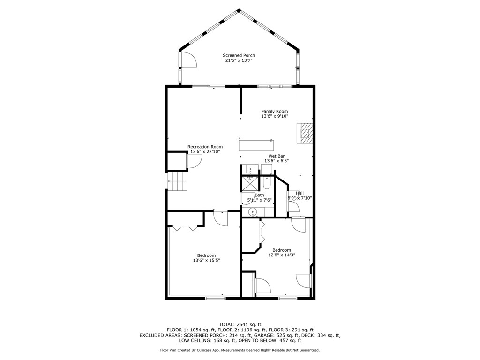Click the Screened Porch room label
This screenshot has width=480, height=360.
[x=239, y=55]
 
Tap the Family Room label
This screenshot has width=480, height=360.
[x=275, y=111]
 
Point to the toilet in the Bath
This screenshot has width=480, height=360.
[x=267, y=180]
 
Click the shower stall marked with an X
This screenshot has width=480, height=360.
[x=249, y=182]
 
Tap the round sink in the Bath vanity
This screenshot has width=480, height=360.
[x=253, y=212]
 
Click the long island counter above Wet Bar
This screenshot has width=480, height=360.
[x=256, y=145]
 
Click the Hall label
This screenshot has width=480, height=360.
[x=300, y=193]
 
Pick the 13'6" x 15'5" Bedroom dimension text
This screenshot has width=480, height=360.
[x=206, y=260]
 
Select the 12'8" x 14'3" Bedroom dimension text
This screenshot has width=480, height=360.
[x=282, y=255]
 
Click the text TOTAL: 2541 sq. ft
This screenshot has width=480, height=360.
[x=240, y=324]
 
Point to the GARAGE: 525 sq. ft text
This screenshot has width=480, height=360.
[x=271, y=336]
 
